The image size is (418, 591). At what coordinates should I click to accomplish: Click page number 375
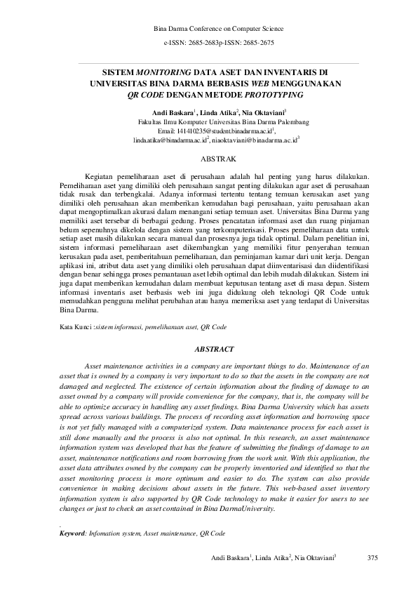[x=372, y=559]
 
